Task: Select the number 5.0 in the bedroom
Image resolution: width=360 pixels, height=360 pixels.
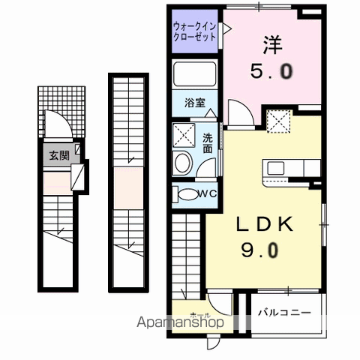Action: coord(272,73)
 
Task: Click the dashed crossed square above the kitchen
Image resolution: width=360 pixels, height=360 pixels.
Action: coord(278,118)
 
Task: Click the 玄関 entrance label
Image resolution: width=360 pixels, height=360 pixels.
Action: coord(59,156)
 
